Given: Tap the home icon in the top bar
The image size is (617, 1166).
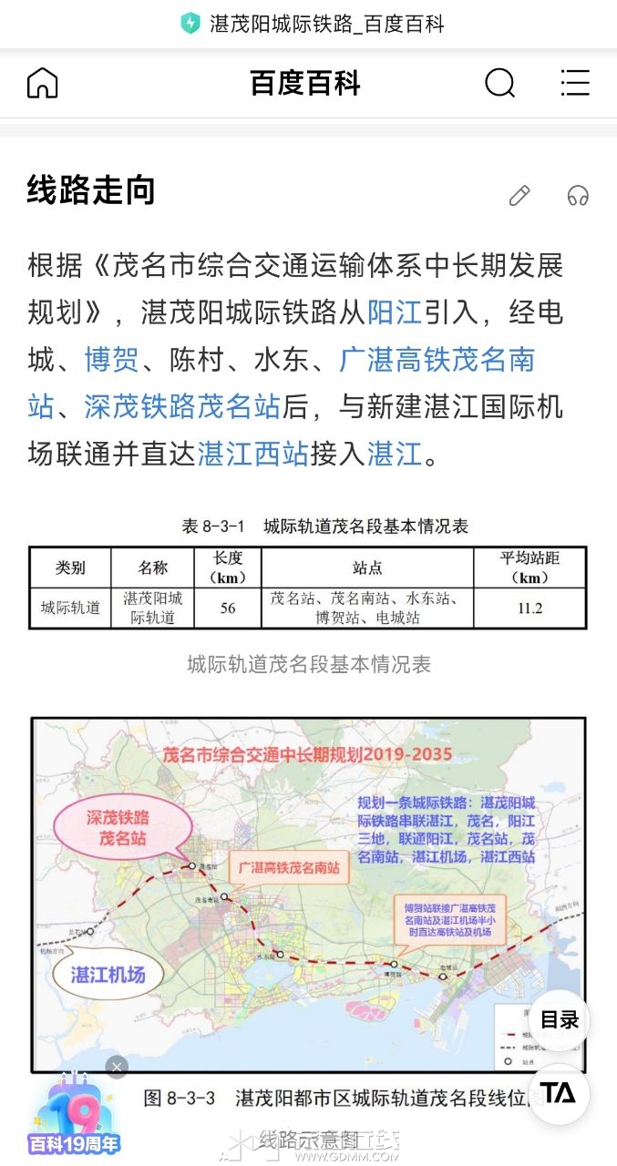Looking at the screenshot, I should [x=42, y=83].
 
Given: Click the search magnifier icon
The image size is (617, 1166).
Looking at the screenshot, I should [x=499, y=83].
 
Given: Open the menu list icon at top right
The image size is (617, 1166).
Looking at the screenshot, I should [x=575, y=83].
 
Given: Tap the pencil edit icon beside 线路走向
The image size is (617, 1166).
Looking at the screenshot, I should [x=519, y=195].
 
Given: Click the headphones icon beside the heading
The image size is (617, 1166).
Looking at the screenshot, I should [x=578, y=195].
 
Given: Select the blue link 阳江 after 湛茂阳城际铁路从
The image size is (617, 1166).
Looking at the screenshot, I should [x=395, y=312].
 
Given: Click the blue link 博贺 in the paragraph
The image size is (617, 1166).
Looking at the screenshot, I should [x=111, y=359].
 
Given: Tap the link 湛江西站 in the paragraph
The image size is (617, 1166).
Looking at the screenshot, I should [x=253, y=453].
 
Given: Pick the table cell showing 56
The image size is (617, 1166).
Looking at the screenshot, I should [x=228, y=608].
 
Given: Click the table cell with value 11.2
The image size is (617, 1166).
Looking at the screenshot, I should [x=530, y=608].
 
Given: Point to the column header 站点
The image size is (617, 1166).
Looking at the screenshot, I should [x=367, y=568].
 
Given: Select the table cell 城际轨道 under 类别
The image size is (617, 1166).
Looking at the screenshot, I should [x=70, y=608].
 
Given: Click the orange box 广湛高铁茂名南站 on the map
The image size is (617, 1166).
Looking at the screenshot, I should [x=288, y=868].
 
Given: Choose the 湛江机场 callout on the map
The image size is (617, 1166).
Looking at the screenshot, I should [x=108, y=975].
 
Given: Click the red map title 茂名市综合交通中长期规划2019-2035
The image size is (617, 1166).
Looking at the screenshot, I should [x=306, y=755].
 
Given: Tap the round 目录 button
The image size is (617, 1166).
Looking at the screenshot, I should [x=559, y=1020].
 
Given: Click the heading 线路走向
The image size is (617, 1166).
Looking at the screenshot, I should [x=91, y=190].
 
